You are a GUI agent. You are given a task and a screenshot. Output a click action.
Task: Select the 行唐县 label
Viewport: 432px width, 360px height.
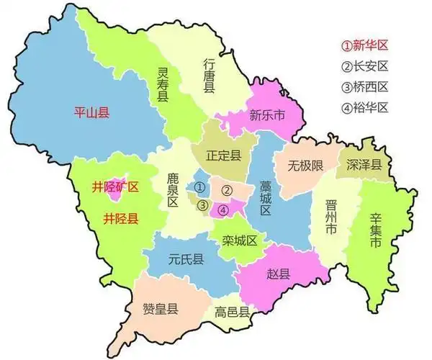coord(209,75)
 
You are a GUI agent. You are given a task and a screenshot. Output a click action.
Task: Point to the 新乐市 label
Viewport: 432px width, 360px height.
coord(267,114)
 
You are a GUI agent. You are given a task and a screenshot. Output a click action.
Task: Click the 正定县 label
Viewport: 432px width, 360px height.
coord(223,154)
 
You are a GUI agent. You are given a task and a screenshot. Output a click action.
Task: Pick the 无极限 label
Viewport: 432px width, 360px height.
coord(305,166)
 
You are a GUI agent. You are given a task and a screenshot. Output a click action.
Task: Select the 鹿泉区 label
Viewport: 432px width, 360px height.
coord(172,189)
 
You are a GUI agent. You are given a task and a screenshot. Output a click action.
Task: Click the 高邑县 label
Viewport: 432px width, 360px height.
coord(232,312)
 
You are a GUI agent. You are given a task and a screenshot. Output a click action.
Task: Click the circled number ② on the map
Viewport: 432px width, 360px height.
coord(226,190)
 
